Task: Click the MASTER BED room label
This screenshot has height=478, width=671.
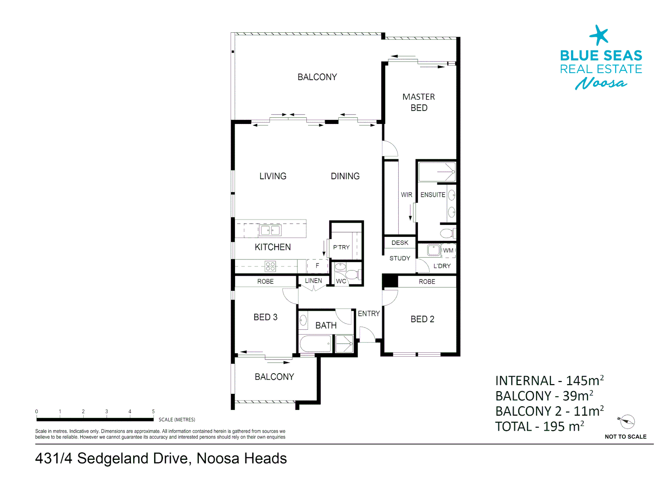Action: [418, 102]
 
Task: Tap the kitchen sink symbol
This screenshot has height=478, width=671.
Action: [270, 230]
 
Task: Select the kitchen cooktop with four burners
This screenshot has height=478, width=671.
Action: [270, 266]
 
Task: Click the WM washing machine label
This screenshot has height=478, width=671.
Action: [448, 251]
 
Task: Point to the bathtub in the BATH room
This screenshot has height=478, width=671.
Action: [315, 343]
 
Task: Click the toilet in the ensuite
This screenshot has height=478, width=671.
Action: [447, 233]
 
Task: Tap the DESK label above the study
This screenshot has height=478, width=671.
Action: [400, 243]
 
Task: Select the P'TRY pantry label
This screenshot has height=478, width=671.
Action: [341, 247]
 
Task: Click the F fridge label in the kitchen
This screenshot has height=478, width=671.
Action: [317, 266]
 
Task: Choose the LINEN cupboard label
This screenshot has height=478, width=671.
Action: [313, 281]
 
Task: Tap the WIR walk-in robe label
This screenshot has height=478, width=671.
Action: [406, 195]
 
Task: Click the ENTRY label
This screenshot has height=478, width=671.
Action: [369, 313]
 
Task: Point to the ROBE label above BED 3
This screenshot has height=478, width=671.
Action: [265, 281]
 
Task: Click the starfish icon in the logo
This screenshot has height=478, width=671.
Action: [599, 35]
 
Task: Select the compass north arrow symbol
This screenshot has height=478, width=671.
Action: [627, 422]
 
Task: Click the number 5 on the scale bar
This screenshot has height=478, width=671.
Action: [153, 412]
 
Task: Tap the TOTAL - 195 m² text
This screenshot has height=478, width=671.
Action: [539, 427]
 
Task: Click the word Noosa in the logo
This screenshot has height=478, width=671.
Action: [601, 83]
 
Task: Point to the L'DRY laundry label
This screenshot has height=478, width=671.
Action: [442, 266]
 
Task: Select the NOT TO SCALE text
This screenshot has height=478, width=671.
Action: [625, 437]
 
